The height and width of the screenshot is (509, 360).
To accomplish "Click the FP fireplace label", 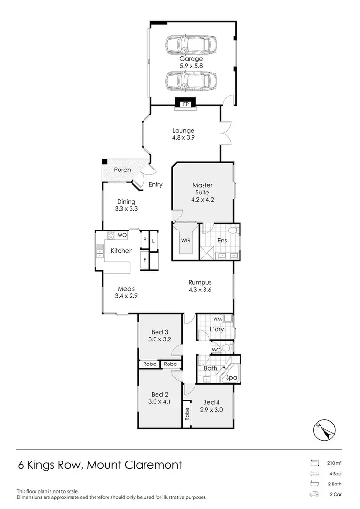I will point(185,104).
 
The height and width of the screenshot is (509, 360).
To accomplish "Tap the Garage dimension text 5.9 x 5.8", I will point(191,66).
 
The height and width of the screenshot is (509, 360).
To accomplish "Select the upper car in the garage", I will point(191,46).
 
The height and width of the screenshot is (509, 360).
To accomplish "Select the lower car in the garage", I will point(191,80).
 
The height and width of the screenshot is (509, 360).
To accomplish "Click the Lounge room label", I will point(183,130).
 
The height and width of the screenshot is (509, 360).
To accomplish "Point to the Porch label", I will point(122,170).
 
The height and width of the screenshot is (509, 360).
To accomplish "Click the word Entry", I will point(155,185).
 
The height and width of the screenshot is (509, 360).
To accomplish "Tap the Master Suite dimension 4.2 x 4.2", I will point(203,199).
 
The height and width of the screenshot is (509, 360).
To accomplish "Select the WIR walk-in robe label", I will point(186,240).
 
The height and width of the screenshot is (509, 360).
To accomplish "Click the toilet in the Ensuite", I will point(233,231).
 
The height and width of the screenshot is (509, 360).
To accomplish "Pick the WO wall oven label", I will point(122,235).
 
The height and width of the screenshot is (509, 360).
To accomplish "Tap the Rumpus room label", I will point(200,282).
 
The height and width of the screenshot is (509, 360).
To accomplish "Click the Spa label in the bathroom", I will point(232,378).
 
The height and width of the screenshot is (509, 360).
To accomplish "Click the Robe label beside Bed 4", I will point(186,414).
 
